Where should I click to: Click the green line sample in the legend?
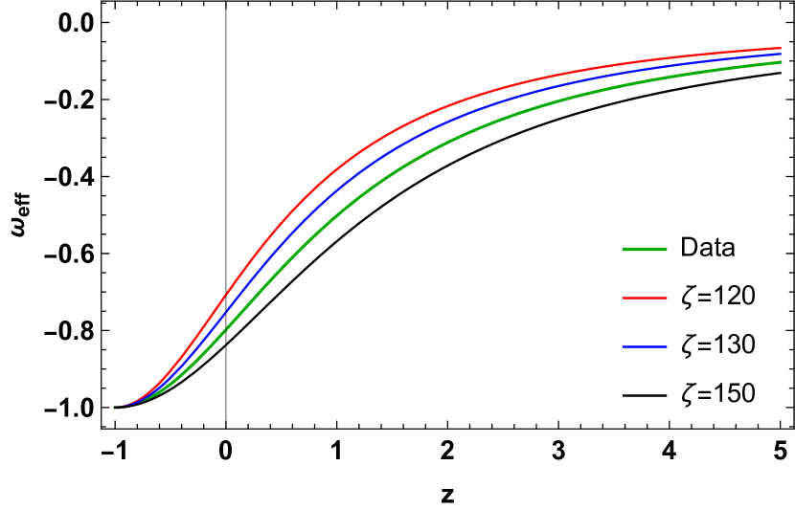pyautogui.click(x=645, y=250)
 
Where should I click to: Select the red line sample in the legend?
pyautogui.click(x=645, y=299)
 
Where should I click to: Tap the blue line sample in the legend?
pyautogui.click(x=645, y=346)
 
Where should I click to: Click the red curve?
pyautogui.click(x=383, y=139)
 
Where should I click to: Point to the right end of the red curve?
pyautogui.click(x=781, y=48)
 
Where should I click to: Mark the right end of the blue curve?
pyautogui.click(x=781, y=54)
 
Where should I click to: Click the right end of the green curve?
pyautogui.click(x=781, y=62)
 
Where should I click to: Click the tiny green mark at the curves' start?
pyautogui.click(x=116, y=408)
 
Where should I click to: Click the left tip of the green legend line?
pyautogui.click(x=624, y=250)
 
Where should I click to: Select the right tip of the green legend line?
pyautogui.click(x=667, y=250)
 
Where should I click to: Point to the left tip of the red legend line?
pyautogui.click(x=624, y=299)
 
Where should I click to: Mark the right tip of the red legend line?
pyautogui.click(x=667, y=299)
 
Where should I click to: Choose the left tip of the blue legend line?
pyautogui.click(x=624, y=346)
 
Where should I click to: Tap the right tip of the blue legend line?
pyautogui.click(x=667, y=346)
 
